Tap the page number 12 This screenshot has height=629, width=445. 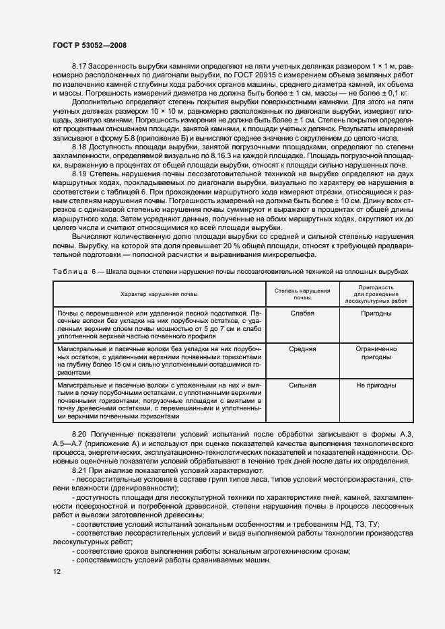(x=57, y=571)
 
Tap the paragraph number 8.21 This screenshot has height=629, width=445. (x=79, y=471)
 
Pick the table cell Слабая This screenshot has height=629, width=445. (x=303, y=313)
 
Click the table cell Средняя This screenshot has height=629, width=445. (x=303, y=349)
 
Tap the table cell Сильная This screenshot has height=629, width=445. (x=303, y=385)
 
